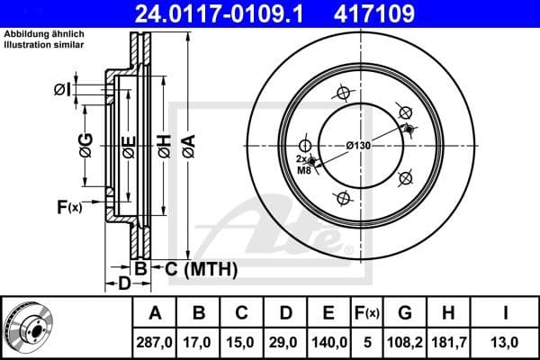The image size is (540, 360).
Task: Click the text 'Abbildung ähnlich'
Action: coord(44,34)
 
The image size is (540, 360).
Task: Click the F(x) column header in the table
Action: coord(365,313)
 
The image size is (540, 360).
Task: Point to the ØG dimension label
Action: coord(85,144)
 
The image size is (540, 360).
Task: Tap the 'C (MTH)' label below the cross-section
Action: coord(194,268)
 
